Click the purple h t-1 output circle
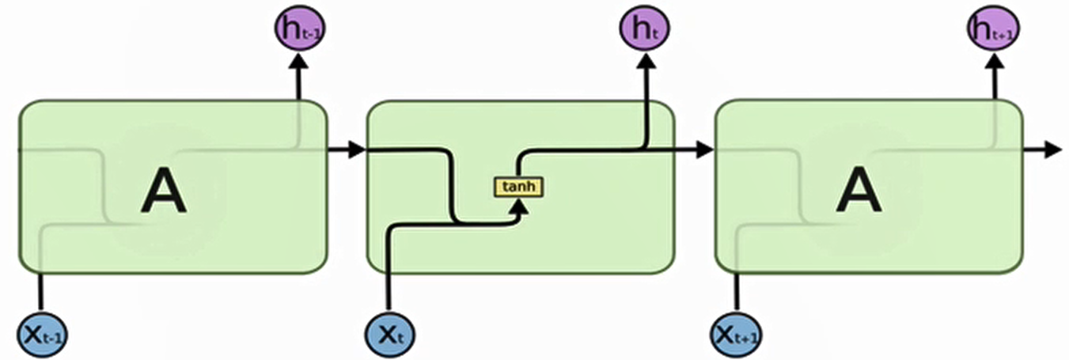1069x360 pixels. [x=299, y=29]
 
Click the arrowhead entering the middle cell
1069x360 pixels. [x=355, y=150]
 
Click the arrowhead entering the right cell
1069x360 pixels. [x=703, y=150]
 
